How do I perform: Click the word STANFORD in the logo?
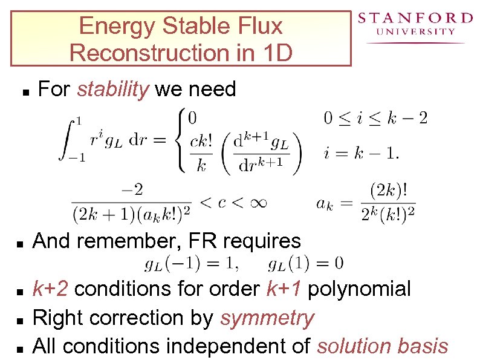coord(415,18)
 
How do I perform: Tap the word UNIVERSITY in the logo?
coord(415,32)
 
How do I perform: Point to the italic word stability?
coord(113,90)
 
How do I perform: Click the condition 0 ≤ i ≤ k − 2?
coord(375,117)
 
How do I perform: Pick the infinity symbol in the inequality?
coord(258,202)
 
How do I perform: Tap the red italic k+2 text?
coord(53,289)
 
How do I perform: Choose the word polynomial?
coord(360,289)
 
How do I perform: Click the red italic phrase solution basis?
coord(383,346)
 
